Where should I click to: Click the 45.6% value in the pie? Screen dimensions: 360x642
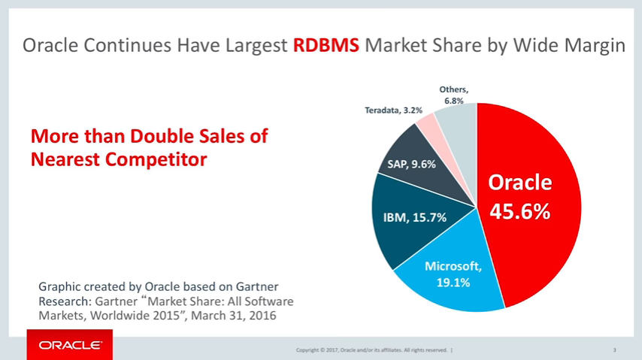pos(520,212)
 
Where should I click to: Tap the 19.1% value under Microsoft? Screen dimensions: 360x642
pos(453,283)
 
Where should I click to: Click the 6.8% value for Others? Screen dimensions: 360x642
pos(453,101)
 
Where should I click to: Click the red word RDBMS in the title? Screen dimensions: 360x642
pos(326,47)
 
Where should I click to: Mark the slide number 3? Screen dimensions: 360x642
pos(614,350)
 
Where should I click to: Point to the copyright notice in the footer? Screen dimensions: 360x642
pos(373,350)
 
